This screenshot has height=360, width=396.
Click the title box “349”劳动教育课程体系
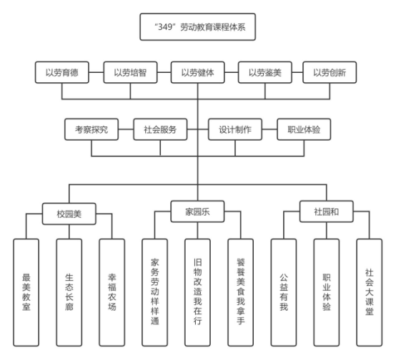coord(198,26)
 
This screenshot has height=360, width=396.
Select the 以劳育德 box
coord(62,72)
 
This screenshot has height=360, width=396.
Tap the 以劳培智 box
coord(130,72)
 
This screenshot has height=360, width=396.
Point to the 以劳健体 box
coord(198,72)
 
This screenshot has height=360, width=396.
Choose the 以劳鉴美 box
coord(265,72)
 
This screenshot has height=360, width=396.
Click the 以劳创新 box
coord(330,72)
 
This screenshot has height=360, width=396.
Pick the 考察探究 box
coord(91,129)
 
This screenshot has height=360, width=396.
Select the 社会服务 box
coord(160,129)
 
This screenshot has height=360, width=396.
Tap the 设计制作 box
coord(235,129)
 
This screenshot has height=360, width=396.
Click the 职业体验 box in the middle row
coord(304,129)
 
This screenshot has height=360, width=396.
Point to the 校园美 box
coord(69,214)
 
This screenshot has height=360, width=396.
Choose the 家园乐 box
coord(197,211)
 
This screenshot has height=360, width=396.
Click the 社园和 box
coord(326,211)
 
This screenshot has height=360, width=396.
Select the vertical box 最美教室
coord(26,292)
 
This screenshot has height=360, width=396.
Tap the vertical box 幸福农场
coord(112,292)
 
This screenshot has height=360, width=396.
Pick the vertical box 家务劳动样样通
coord(154,292)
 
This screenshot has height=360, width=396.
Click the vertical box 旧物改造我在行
coord(197,292)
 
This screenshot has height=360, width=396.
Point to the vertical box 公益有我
coord(284,292)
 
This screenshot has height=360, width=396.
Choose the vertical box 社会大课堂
coord(370,292)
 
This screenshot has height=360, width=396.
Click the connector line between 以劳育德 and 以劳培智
coord(96,72)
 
